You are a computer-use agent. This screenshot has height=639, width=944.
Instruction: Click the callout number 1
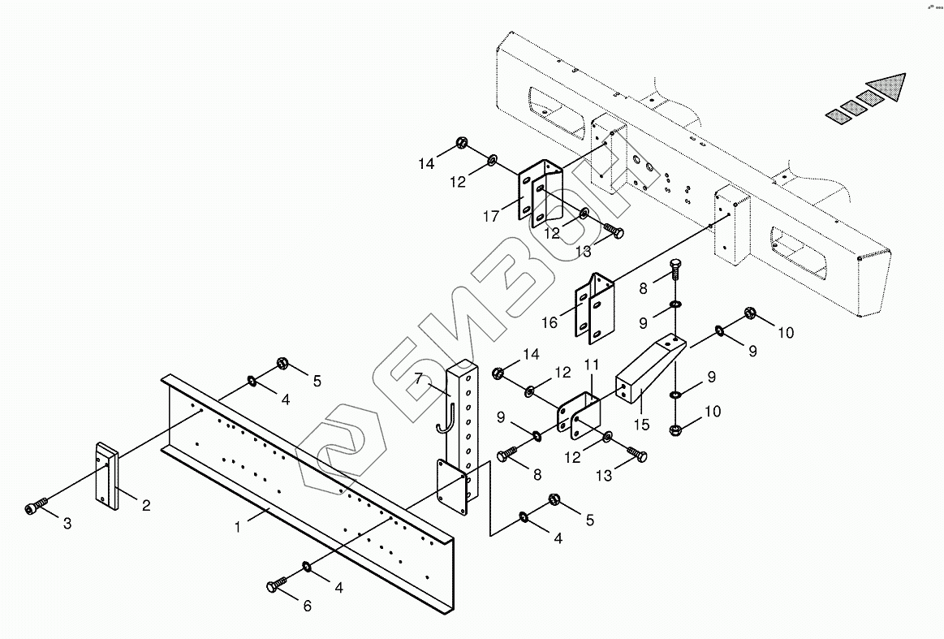pyautogui.click(x=238, y=527)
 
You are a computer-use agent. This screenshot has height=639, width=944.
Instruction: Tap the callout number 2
pyautogui.click(x=146, y=506)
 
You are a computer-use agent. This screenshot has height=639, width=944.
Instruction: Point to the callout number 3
pyautogui.click(x=67, y=525)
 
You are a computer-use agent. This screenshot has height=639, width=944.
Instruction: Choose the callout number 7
pyautogui.click(x=419, y=378)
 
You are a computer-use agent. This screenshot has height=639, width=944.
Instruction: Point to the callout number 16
pyautogui.click(x=550, y=322)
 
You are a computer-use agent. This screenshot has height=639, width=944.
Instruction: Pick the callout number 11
pyautogui.click(x=592, y=367)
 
